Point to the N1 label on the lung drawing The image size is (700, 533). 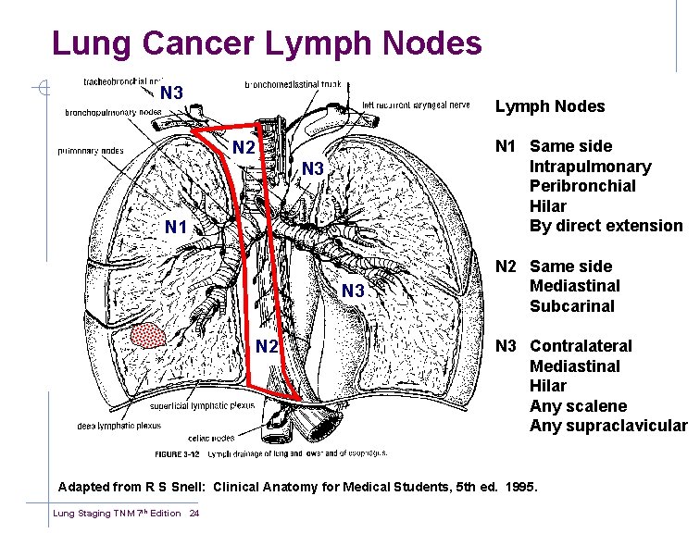click(x=176, y=228)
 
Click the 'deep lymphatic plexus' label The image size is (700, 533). click(x=119, y=426)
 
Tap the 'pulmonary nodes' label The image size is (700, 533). click(x=91, y=149)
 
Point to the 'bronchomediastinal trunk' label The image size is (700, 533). click(x=293, y=84)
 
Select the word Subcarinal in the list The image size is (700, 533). click(x=571, y=306)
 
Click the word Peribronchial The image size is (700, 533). click(x=582, y=186)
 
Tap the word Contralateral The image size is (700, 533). click(x=581, y=346)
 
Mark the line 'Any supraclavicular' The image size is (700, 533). click(x=608, y=427)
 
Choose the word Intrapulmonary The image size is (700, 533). click(x=590, y=167)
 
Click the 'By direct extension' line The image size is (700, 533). click(x=606, y=226)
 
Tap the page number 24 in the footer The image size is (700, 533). click(x=194, y=514)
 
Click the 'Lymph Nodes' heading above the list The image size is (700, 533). click(x=549, y=106)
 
